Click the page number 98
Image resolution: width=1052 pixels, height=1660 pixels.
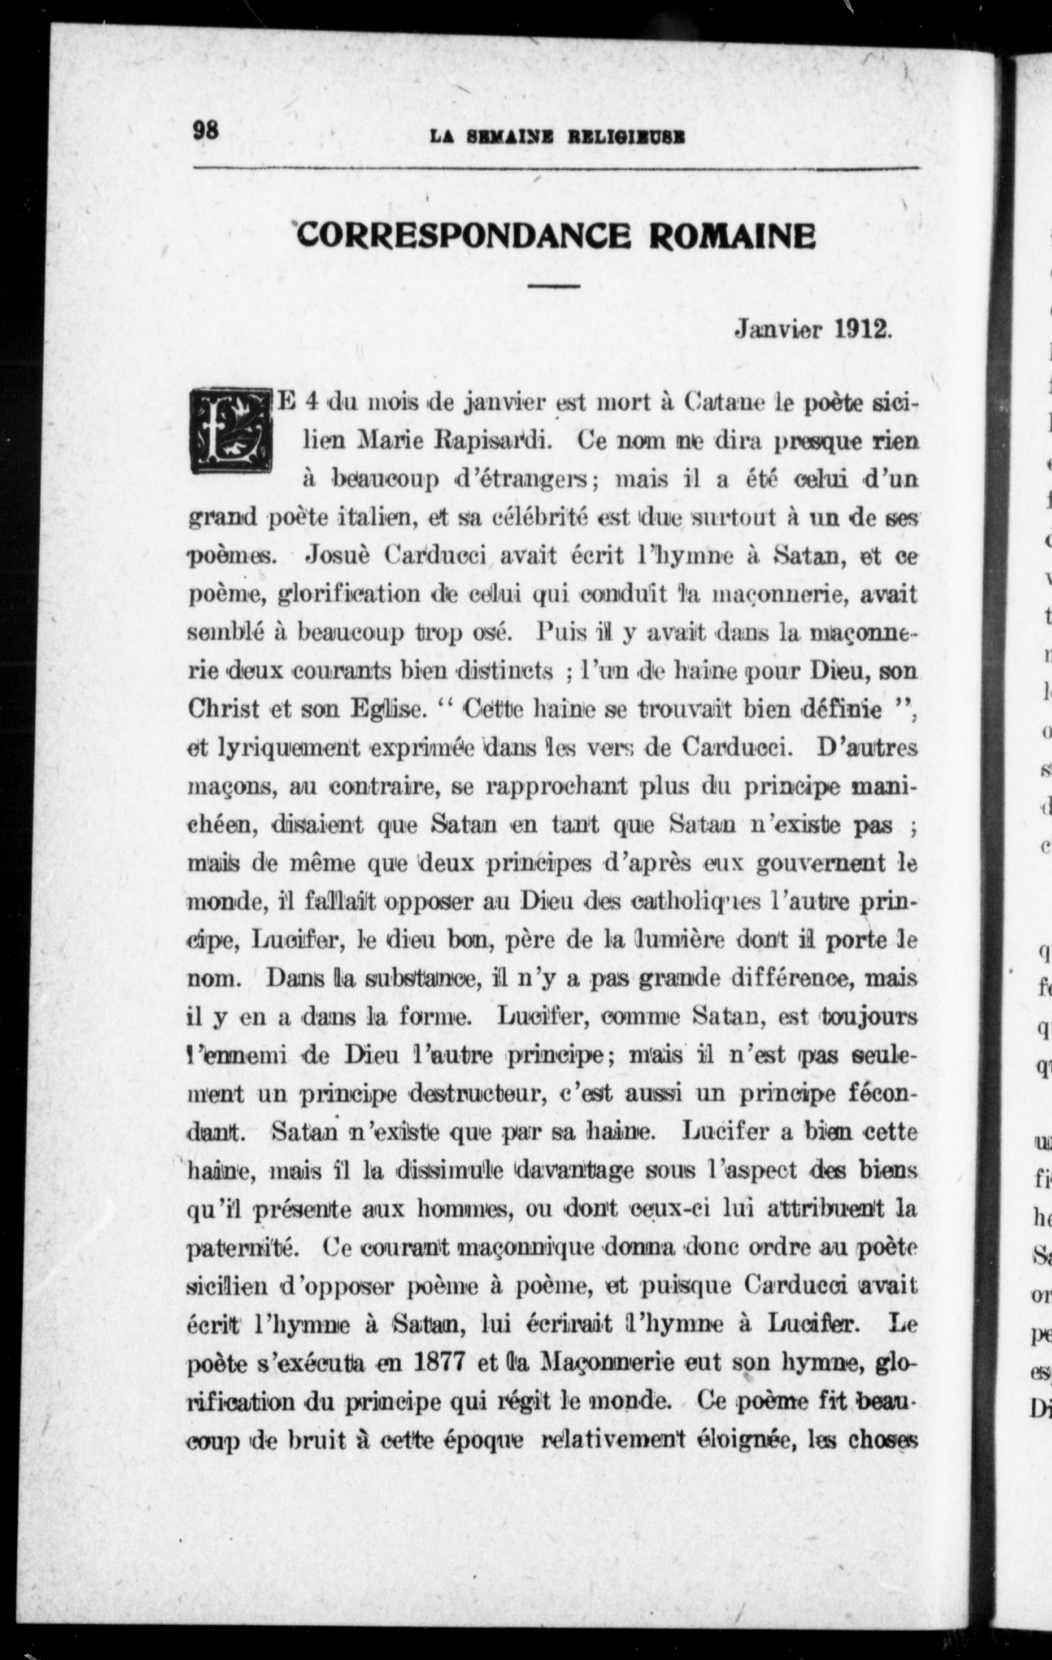(206, 130)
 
